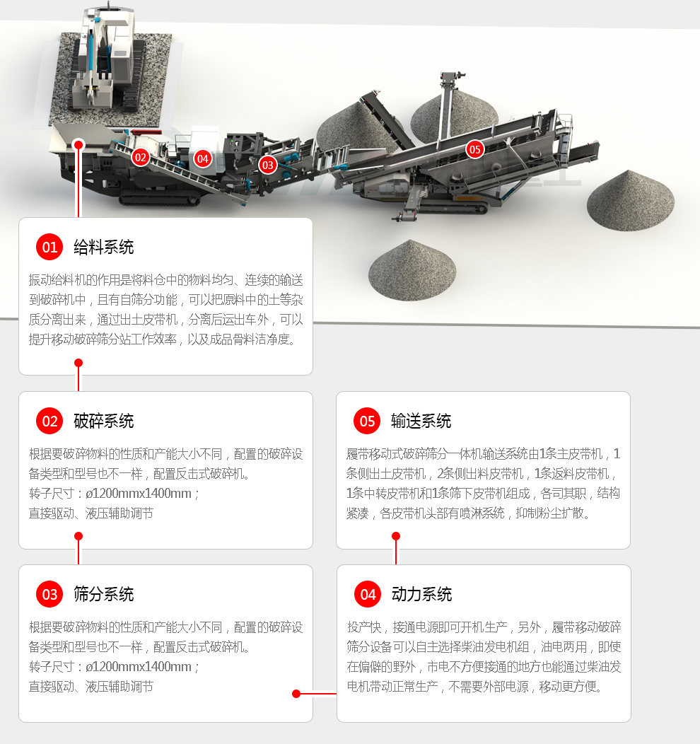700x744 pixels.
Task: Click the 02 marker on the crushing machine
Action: click(141, 158)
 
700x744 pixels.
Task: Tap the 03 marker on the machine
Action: click(267, 165)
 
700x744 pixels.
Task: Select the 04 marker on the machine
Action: click(203, 158)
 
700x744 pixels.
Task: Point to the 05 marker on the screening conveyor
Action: click(474, 149)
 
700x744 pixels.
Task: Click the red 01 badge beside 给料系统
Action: click(49, 247)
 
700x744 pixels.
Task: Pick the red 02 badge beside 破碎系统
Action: click(49, 422)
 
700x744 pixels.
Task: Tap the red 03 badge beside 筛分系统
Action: click(49, 595)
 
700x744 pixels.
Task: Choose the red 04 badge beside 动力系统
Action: click(368, 595)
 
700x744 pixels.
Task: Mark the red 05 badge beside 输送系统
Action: click(367, 422)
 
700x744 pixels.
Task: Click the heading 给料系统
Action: click(103, 247)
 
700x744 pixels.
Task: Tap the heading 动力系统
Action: click(421, 595)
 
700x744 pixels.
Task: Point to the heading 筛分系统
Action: click(103, 595)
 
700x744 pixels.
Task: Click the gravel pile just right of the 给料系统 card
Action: click(412, 271)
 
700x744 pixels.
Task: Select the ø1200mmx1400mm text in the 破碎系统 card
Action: click(139, 494)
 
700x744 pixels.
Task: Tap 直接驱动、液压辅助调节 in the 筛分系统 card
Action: click(91, 686)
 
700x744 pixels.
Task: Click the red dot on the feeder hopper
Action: click(78, 144)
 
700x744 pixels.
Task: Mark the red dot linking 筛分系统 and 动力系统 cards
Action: click(296, 694)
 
